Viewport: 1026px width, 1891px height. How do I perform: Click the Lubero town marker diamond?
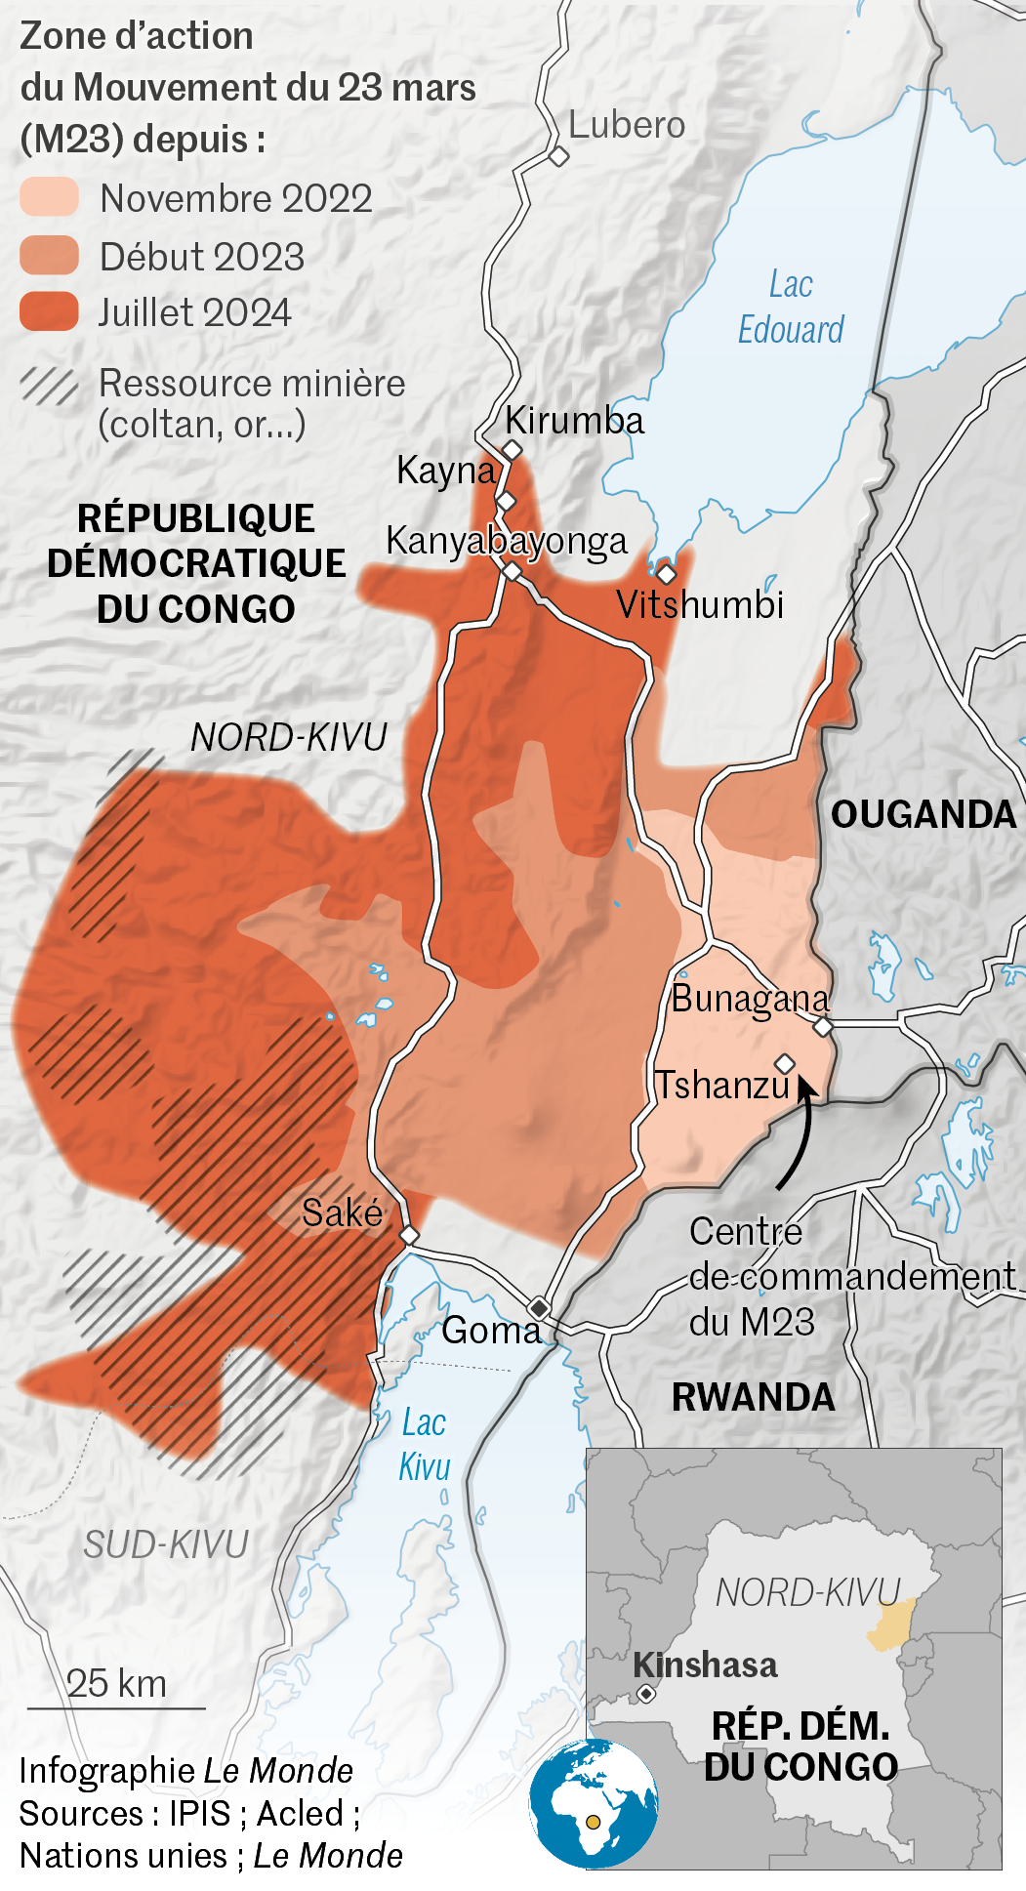pyautogui.click(x=558, y=156)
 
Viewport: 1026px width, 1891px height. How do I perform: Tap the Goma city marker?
pyautogui.click(x=539, y=1307)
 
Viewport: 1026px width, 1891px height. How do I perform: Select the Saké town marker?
pyautogui.click(x=410, y=1236)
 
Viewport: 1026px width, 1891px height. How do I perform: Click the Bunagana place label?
pyautogui.click(x=750, y=999)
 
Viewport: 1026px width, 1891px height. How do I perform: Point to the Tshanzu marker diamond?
pyautogui.click(x=785, y=1063)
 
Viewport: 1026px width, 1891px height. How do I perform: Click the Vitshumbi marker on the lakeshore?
pyautogui.click(x=667, y=574)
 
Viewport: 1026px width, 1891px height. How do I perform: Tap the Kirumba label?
pyautogui.click(x=574, y=421)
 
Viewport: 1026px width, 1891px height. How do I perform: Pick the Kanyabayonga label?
pyautogui.click(x=506, y=541)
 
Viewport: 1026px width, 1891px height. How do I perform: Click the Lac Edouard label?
pyautogui.click(x=791, y=308)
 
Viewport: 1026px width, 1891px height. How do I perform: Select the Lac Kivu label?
pyautogui.click(x=425, y=1445)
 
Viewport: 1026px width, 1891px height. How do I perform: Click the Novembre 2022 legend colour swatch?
pyautogui.click(x=49, y=197)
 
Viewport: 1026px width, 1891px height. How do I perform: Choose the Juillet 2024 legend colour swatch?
pyautogui.click(x=49, y=311)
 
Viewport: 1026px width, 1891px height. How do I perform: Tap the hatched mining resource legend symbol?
pyautogui.click(x=49, y=386)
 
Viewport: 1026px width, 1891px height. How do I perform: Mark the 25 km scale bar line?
pyautogui.click(x=116, y=1708)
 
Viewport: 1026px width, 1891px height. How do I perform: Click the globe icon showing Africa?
pyautogui.click(x=594, y=1803)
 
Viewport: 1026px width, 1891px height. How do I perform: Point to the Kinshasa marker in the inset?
pyautogui.click(x=646, y=1694)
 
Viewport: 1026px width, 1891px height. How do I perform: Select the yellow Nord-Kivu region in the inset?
pyautogui.click(x=890, y=1624)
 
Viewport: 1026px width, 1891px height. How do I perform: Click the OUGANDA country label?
pyautogui.click(x=923, y=814)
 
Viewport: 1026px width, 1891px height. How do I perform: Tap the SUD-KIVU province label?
pyautogui.click(x=166, y=1544)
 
